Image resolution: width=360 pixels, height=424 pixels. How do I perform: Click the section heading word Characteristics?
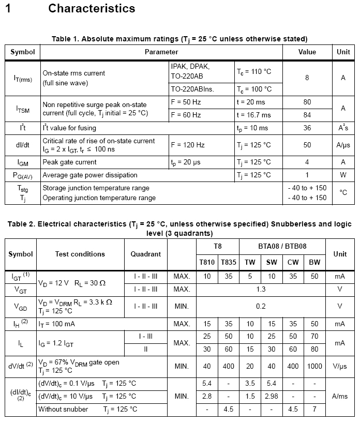92,9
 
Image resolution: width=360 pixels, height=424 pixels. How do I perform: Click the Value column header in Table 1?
307,52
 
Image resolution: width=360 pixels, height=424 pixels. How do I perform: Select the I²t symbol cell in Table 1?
23,127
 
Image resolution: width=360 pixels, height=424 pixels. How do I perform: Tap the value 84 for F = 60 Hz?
307,115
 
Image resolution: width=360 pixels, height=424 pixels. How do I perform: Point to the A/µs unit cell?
343,145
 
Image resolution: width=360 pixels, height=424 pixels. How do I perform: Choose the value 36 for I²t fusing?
307,128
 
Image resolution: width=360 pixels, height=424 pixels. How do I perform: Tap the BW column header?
314,263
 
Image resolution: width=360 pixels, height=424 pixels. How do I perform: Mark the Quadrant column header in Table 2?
145,254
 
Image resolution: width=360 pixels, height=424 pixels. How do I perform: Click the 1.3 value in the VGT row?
261,290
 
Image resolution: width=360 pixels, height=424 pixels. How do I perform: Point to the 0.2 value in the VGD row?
261,306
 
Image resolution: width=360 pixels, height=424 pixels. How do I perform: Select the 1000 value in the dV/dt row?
314,367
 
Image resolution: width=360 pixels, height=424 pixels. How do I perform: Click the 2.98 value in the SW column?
272,396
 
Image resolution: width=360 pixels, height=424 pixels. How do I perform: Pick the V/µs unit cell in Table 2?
340,367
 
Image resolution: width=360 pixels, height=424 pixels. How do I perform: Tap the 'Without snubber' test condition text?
63,409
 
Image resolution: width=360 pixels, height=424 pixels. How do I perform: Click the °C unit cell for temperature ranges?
343,192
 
